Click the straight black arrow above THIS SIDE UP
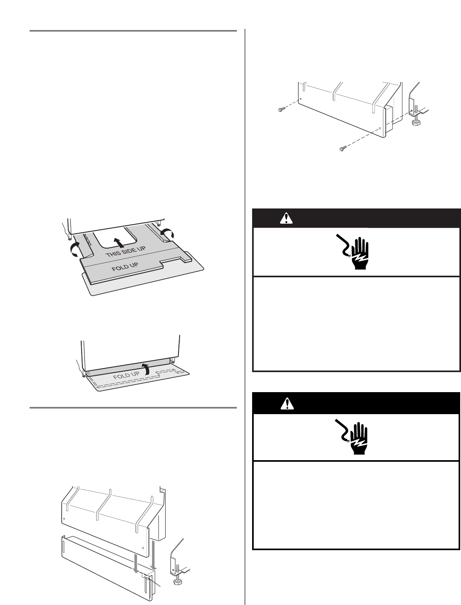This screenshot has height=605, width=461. click(117, 242)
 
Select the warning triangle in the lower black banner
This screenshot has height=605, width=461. click(287, 404)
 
